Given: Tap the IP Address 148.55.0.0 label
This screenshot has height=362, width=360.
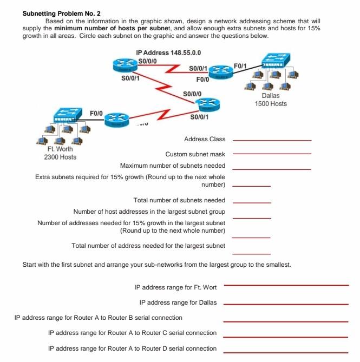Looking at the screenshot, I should pos(169,52).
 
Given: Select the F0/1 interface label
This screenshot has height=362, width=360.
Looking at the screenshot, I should pos(240,66).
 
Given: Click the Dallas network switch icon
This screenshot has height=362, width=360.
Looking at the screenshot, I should pos(275,61).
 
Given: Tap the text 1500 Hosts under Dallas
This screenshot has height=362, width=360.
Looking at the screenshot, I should pos(271,104).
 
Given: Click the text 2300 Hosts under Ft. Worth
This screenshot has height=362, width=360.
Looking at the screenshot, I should pos(60,157).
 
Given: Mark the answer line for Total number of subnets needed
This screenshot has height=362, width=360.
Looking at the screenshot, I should pos(251,203).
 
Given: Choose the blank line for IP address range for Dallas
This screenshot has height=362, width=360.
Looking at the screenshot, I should pos(286,304).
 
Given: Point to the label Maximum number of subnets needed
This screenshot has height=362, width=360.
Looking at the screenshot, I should pos(172,166).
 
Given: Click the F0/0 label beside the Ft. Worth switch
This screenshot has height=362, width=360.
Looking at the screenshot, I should pos(96,113).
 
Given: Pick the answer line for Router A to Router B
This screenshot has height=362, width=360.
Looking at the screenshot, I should pos(286,321).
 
